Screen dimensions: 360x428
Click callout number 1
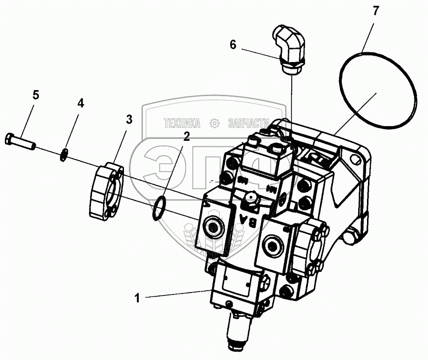138,297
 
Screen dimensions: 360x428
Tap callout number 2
186,137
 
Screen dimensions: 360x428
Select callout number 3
128,119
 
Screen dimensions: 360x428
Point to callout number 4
80,103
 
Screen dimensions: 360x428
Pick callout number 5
35,95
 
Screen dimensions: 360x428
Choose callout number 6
233,45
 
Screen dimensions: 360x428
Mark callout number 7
376,11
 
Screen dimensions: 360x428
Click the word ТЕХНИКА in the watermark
182,123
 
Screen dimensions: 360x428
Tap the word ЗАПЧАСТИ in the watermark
248,123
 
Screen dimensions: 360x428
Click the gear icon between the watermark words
214,123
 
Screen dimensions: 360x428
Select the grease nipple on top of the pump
250,200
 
